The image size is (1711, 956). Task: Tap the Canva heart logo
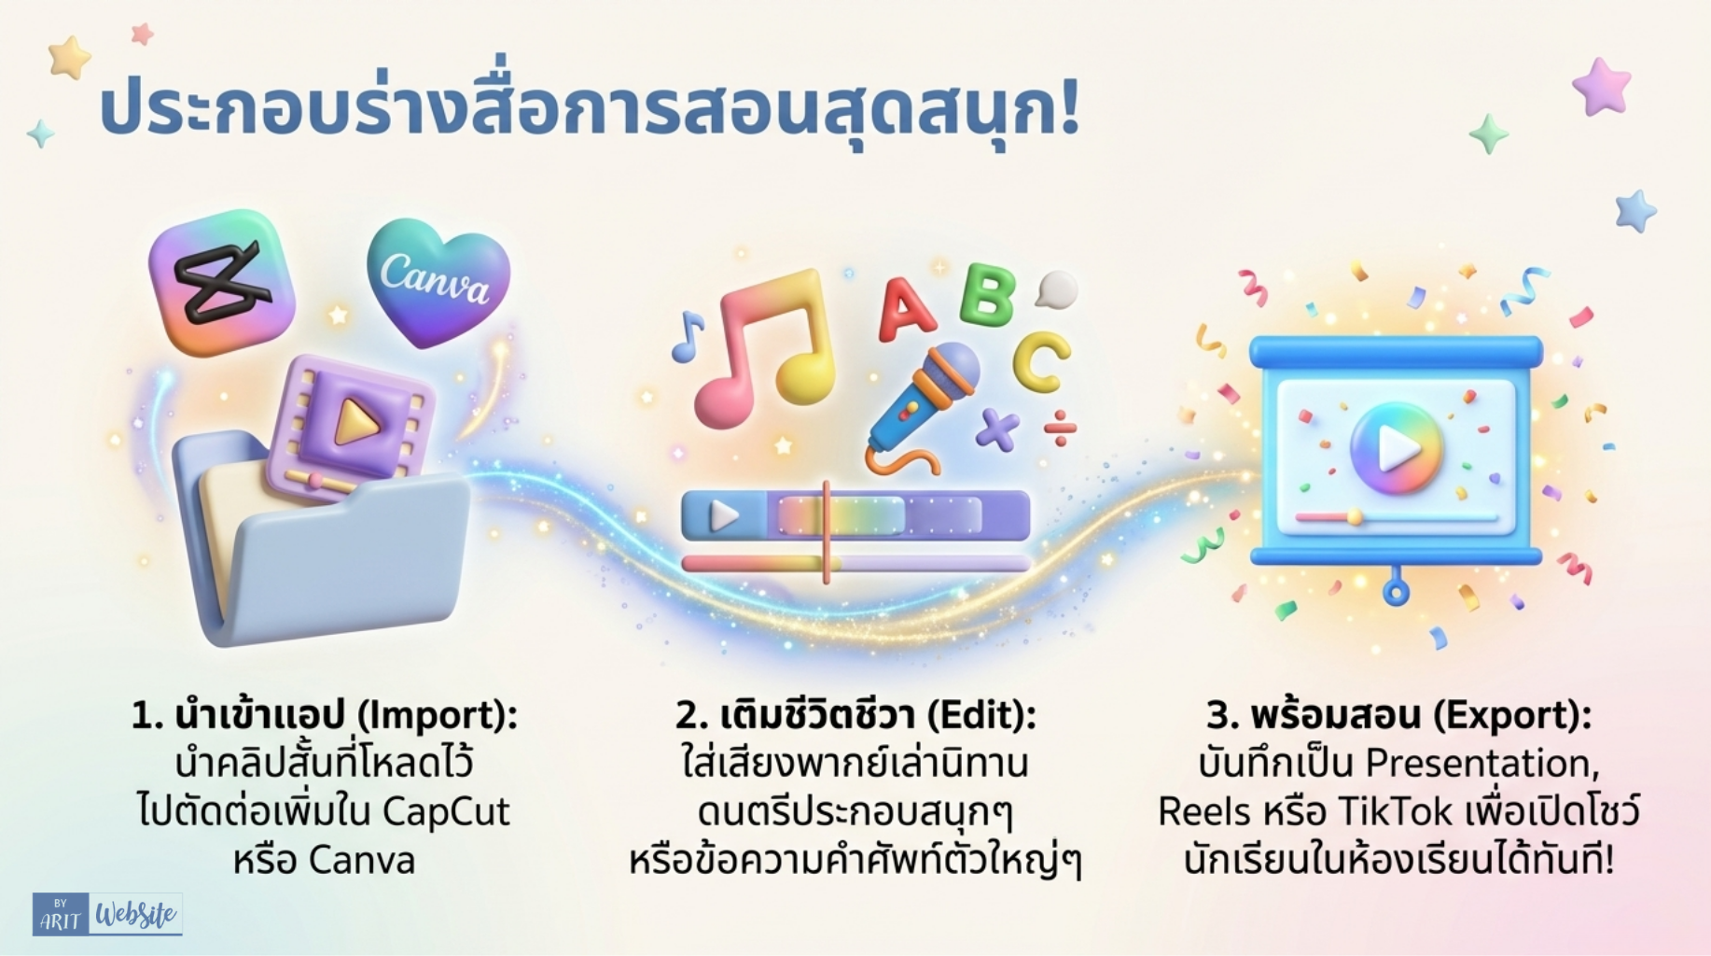[x=438, y=280]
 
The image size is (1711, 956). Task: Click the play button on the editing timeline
[x=724, y=515]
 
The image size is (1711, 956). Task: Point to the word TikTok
[x=1396, y=811]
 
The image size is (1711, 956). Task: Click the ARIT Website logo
[x=107, y=915]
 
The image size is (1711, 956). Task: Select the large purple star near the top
[x=1602, y=86]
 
